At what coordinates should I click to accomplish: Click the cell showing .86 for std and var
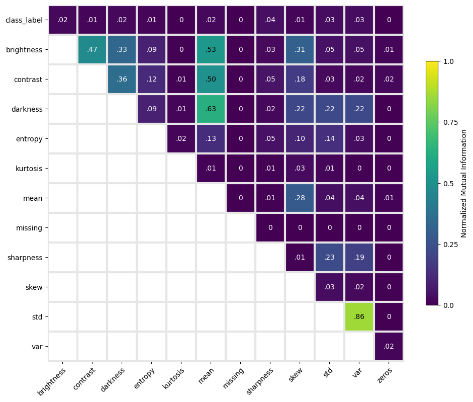point(359,316)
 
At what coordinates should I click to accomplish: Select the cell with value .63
point(211,109)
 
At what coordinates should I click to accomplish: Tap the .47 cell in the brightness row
point(92,49)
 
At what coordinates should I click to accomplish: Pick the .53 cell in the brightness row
point(211,49)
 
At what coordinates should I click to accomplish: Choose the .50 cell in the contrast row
point(211,79)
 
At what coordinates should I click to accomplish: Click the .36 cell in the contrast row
point(122,79)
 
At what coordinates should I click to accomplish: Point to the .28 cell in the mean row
point(300,198)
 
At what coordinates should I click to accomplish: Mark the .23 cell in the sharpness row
point(329,257)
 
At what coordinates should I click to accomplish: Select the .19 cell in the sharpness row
point(359,257)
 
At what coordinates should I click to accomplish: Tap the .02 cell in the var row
point(389,347)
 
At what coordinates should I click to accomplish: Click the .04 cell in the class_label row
point(270,20)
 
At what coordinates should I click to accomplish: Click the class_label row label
point(24,20)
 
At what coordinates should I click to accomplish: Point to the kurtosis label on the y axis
point(29,169)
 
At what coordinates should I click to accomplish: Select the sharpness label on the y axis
point(25,258)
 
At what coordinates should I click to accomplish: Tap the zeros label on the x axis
point(385,375)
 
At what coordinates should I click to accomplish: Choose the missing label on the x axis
point(233,378)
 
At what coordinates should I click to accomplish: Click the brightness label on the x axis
point(52,381)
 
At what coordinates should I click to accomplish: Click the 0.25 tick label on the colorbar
point(451,245)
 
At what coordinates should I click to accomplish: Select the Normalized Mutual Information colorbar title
point(464,184)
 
